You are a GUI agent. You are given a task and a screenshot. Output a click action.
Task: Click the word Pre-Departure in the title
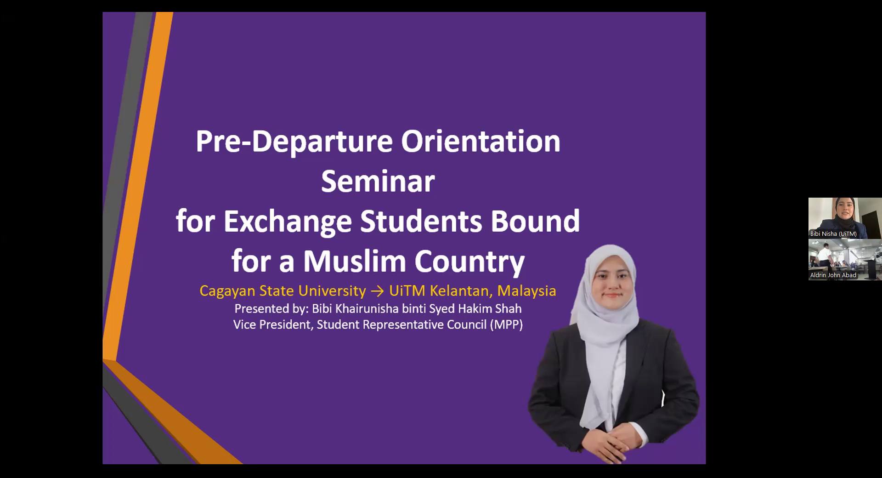click(294, 142)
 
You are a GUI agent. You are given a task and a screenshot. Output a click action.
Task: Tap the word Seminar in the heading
click(378, 181)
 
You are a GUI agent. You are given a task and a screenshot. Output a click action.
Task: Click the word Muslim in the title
click(354, 261)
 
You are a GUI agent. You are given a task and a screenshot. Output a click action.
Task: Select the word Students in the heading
click(421, 221)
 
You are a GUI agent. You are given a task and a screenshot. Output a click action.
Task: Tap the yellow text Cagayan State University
click(283, 291)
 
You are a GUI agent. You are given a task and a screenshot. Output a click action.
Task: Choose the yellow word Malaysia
click(526, 290)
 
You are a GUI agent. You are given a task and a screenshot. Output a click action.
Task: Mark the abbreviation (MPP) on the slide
click(506, 325)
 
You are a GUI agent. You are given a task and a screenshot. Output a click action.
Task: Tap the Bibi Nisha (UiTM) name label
click(833, 234)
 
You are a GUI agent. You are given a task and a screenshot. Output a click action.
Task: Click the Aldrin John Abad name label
click(833, 275)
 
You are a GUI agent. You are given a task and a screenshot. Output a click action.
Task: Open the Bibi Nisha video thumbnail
click(845, 218)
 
